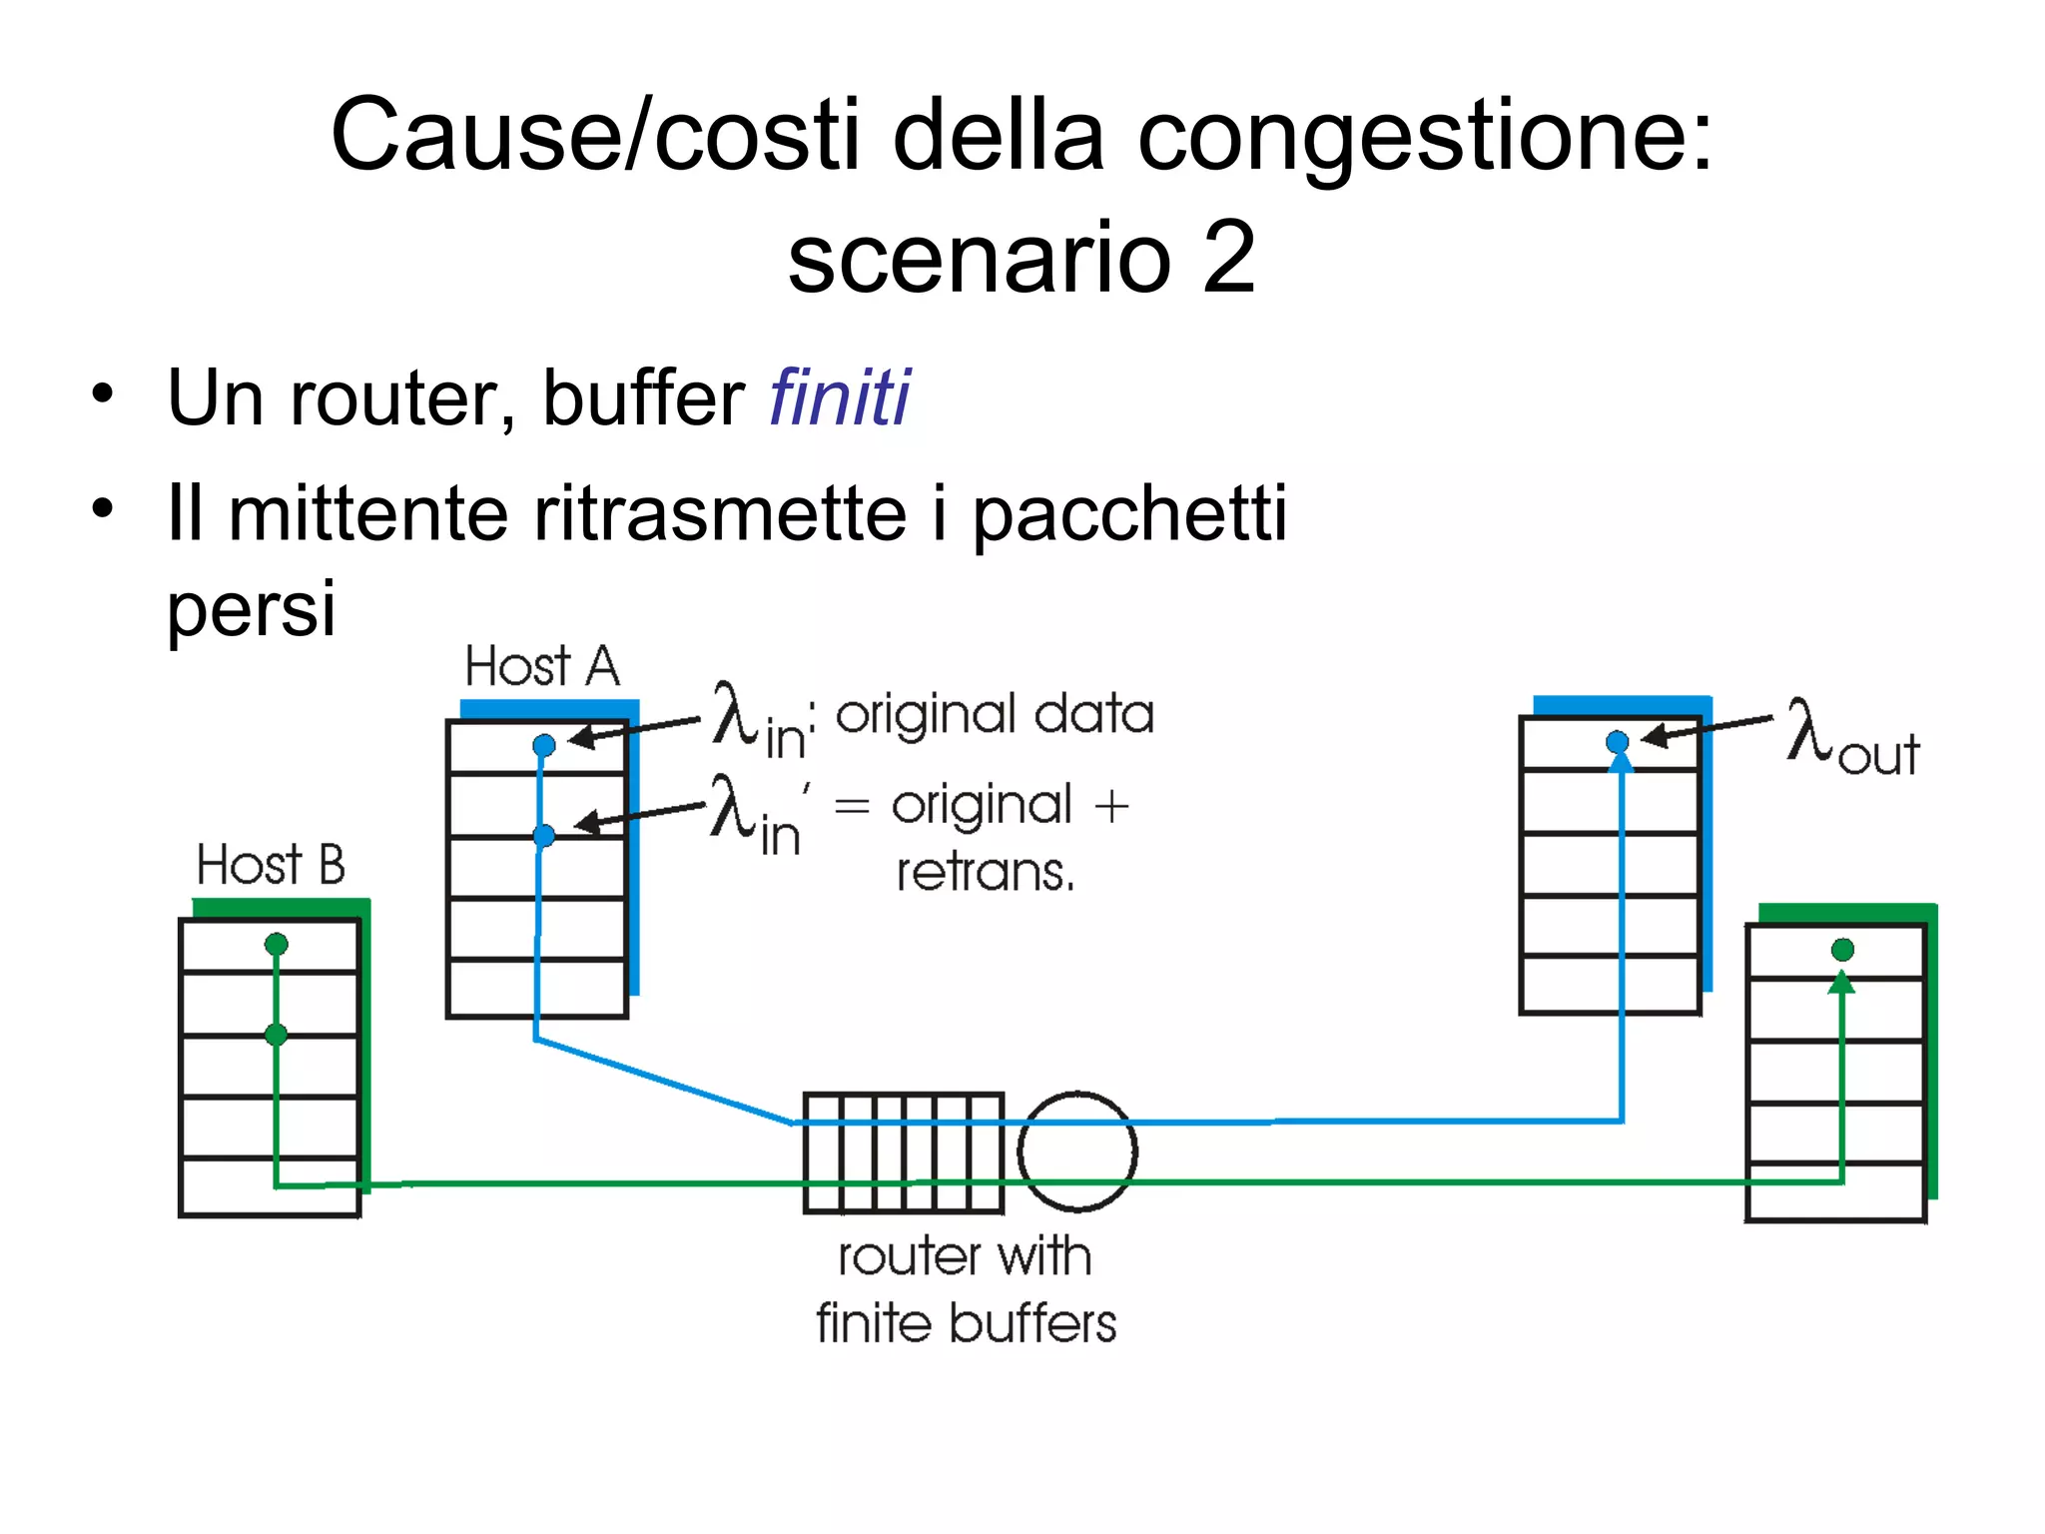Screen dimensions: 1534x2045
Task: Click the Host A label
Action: tap(542, 666)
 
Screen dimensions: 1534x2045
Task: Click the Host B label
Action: tap(271, 865)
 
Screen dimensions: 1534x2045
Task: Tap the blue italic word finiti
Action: tap(839, 397)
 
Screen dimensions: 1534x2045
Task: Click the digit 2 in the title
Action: tap(1229, 258)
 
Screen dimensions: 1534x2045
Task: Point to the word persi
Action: tap(251, 608)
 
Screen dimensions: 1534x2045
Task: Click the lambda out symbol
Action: tap(1850, 737)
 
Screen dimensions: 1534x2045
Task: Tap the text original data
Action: tap(995, 715)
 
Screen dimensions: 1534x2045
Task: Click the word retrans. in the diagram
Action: tap(985, 872)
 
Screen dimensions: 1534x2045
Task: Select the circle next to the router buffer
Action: tap(1077, 1150)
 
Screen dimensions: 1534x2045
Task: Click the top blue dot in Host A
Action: tap(544, 745)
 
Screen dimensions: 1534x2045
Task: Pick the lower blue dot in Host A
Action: tap(544, 835)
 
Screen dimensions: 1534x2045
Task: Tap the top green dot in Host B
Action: tap(277, 944)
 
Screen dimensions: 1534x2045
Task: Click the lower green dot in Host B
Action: tap(277, 1035)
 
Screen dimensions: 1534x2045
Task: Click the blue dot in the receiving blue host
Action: tap(1618, 742)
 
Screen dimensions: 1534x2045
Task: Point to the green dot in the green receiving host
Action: tap(1843, 950)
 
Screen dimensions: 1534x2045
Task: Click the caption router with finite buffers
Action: tap(965, 1289)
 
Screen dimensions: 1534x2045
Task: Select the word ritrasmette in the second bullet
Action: tap(719, 513)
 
